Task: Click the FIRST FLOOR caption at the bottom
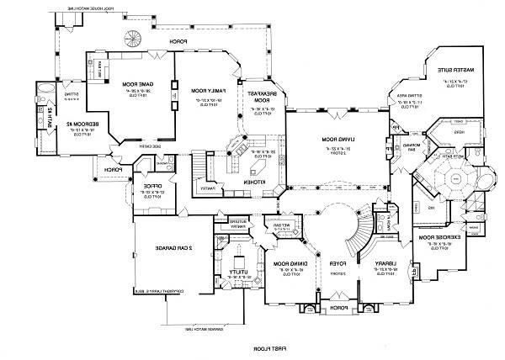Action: click(x=267, y=347)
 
